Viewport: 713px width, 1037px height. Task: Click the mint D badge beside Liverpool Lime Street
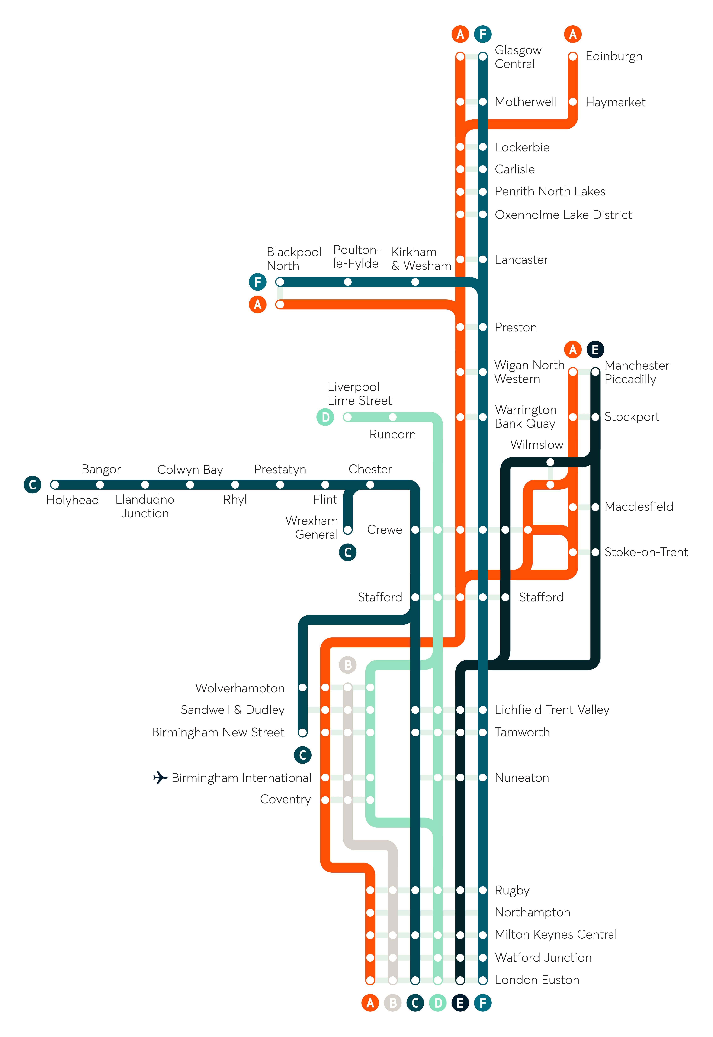click(325, 417)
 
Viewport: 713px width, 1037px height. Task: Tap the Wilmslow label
click(536, 445)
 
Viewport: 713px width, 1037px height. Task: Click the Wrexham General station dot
click(348, 530)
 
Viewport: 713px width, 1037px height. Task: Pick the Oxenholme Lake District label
click(563, 215)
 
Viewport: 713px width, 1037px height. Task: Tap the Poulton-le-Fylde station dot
click(348, 282)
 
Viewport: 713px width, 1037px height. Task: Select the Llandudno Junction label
click(145, 506)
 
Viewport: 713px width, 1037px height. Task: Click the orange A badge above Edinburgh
click(573, 34)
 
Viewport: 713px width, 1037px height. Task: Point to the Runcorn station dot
click(393, 417)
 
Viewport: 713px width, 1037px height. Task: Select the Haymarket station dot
click(573, 102)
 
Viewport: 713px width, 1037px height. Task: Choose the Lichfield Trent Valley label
click(552, 710)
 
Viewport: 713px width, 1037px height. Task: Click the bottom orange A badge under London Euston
click(370, 1003)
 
